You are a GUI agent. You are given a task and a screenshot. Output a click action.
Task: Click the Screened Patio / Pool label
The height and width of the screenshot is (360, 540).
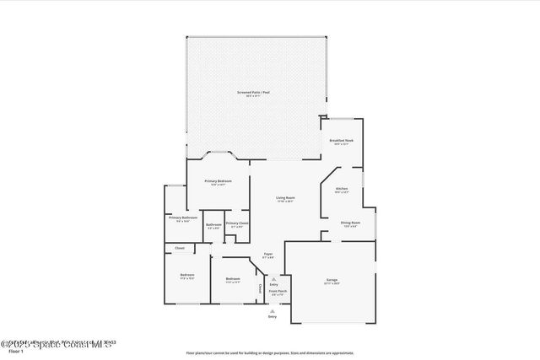254,91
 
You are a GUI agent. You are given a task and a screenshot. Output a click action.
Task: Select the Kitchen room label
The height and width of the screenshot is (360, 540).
342,188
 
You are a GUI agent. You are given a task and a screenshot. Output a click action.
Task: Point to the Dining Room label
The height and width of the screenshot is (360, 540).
349,223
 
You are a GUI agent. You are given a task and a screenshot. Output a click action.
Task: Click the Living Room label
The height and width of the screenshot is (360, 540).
285,198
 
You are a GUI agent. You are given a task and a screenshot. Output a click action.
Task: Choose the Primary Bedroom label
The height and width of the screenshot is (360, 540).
218,181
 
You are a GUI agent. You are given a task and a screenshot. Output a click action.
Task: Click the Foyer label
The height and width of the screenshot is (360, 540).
267,254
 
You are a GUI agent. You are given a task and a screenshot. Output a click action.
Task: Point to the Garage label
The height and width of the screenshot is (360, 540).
332,279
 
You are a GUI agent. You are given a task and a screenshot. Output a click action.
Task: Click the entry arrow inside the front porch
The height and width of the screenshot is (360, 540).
273,279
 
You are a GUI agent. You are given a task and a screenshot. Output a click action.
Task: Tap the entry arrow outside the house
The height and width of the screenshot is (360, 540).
272,309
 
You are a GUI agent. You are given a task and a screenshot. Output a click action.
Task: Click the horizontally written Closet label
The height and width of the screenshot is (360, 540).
179,248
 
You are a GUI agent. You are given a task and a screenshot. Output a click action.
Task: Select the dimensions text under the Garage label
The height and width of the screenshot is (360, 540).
332,283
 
